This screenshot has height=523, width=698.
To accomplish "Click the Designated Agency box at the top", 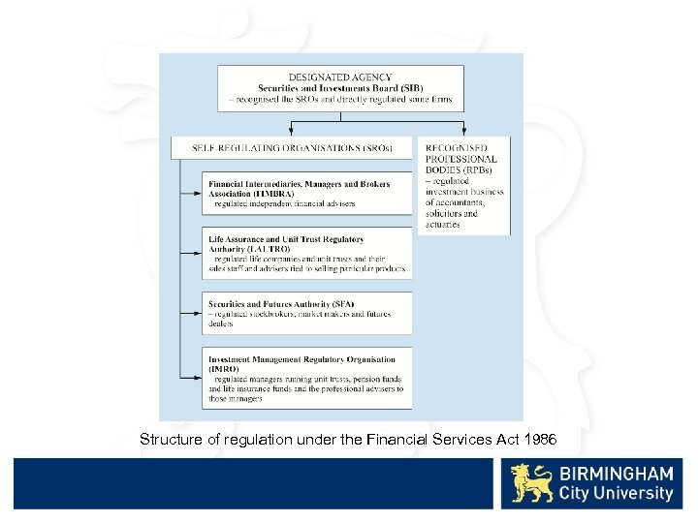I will click(x=340, y=88).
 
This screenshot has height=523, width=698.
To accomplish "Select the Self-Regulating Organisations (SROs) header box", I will click(x=292, y=148).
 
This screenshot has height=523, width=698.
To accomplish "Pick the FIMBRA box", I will click(x=307, y=194).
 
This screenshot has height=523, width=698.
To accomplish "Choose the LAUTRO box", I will click(x=307, y=254).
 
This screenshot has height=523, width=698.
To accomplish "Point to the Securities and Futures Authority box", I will click(x=307, y=313).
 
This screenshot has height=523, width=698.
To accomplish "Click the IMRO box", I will click(x=307, y=378).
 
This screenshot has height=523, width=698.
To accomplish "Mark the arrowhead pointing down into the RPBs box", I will click(x=465, y=132).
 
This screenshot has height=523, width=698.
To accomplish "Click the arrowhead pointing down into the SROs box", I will click(x=292, y=132).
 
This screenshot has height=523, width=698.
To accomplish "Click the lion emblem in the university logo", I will click(x=532, y=482).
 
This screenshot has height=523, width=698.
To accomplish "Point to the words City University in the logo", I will click(x=616, y=494).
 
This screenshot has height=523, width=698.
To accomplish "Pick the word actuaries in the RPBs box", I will click(x=443, y=225).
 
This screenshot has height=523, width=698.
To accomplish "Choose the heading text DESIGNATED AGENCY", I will click(x=340, y=77).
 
